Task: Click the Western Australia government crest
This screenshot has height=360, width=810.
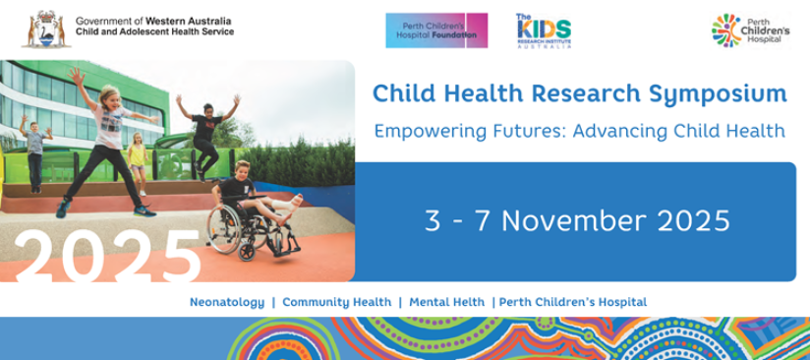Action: [46, 30]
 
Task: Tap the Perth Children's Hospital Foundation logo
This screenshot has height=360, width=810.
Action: [436, 30]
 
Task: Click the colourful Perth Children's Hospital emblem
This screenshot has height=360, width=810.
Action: [725, 30]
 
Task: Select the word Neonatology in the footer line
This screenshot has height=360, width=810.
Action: [227, 303]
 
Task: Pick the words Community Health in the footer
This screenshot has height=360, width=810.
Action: [337, 303]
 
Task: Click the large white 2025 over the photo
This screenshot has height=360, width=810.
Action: [107, 257]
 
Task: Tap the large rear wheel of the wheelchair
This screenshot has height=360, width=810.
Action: [224, 228]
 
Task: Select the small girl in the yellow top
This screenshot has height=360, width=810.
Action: [138, 162]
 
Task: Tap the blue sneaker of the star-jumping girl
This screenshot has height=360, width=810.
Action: [145, 210]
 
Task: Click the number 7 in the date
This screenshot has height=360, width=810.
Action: [483, 221]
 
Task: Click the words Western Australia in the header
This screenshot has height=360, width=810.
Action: [189, 22]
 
